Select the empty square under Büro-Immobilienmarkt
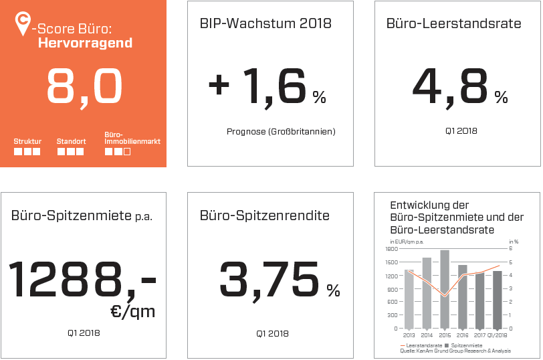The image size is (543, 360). point(127,152)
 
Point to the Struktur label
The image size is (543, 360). point(27,141)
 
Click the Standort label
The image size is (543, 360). point(70,141)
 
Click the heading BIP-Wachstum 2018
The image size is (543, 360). point(265,23)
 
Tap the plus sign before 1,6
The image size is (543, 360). point(219,86)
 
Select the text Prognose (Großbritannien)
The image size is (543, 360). point(281,131)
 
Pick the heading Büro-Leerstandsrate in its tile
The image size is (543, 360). point(453,23)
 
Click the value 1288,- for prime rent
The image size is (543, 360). point(82,280)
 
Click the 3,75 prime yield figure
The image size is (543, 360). point(271,278)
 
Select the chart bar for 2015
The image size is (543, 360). point(445,289)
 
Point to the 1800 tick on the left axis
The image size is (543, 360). point(392,248)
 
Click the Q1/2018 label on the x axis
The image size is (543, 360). point(496,335)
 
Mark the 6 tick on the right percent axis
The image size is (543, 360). point(512,248)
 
